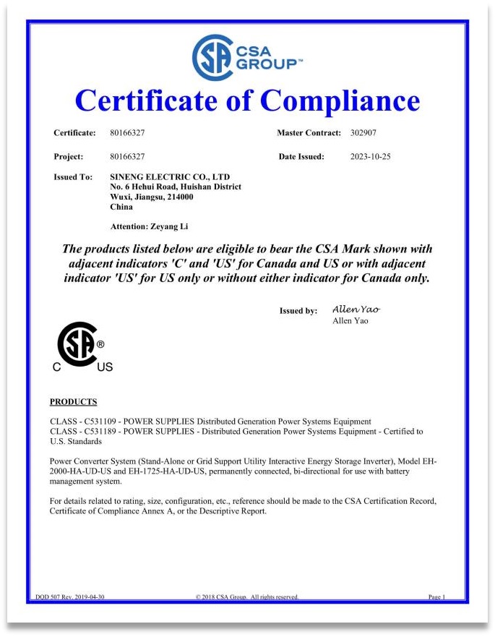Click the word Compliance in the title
tap(340, 101)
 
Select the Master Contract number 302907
tap(363, 133)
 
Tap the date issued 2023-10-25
tap(370, 156)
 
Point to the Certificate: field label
tap(74, 133)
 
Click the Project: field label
tap(69, 156)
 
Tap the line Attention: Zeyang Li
tap(149, 226)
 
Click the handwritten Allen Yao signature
tap(356, 309)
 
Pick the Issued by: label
tap(298, 311)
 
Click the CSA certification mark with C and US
tap(82, 347)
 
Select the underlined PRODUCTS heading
tap(73, 402)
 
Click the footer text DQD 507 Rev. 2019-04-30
tap(70, 597)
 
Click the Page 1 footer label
tap(436, 597)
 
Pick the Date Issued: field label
tap(301, 156)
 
